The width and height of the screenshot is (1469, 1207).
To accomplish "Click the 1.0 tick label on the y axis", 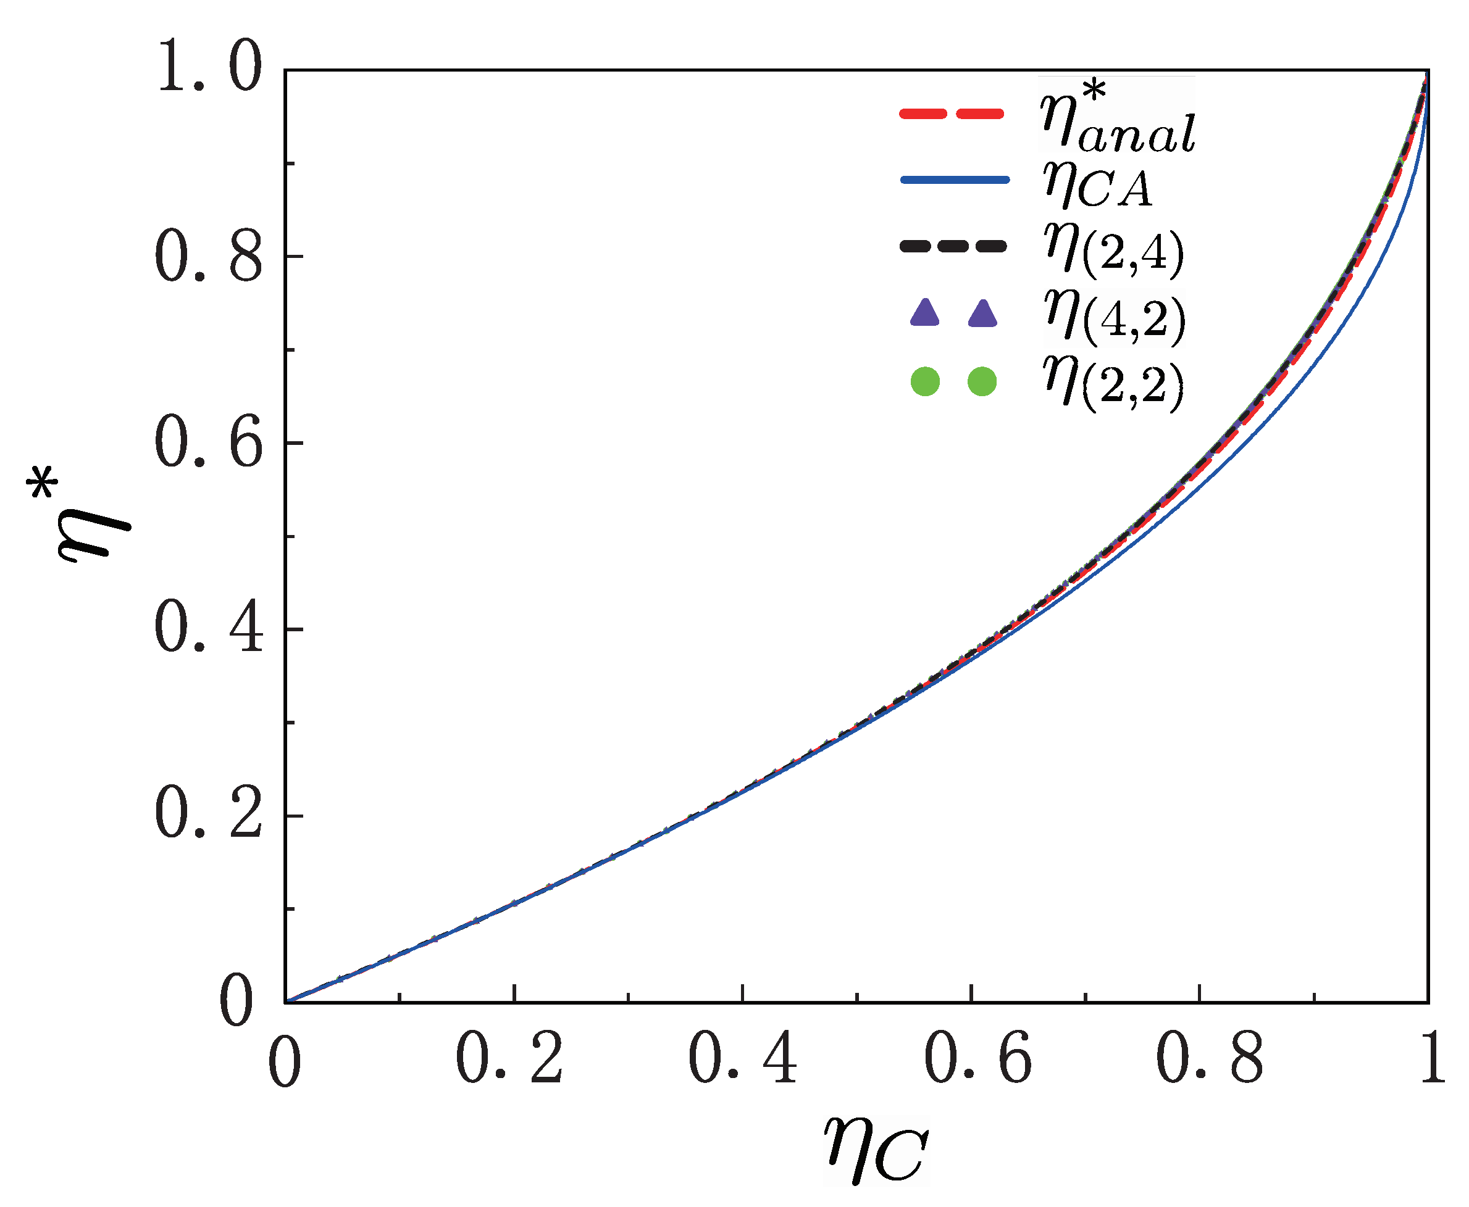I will pos(209,67).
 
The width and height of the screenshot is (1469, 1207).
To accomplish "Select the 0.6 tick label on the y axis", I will pos(209,443).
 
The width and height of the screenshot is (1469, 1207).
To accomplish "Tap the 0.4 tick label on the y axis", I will pos(209,629).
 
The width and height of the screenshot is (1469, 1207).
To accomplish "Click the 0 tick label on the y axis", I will pos(236,1001).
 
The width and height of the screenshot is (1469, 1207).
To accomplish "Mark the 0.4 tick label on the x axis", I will pos(742,1060).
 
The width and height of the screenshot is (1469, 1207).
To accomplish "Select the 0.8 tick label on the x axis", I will pos(1209,1060).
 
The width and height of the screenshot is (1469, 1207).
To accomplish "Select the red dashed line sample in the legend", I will pos(952,114).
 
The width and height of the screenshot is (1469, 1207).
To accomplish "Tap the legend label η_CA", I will pos(1097,185).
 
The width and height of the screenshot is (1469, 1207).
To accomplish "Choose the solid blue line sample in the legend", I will pos(954,180).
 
